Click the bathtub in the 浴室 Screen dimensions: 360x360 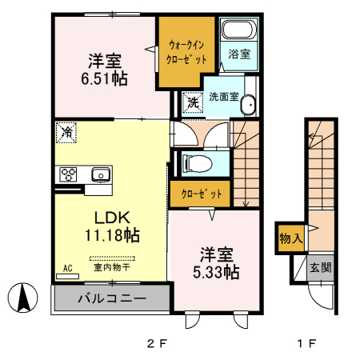click(x=239, y=30)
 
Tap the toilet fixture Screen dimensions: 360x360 click(x=197, y=163)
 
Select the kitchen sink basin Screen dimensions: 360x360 click(x=101, y=174)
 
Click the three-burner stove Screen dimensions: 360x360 click(x=68, y=174)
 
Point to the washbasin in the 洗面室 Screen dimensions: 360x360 click(x=248, y=105)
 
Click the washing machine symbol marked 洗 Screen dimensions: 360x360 click(x=193, y=102)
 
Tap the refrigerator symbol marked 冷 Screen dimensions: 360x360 click(x=66, y=133)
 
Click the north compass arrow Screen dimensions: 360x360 click(x=22, y=298)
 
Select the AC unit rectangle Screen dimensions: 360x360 click(x=68, y=277)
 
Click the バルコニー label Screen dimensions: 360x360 click(x=112, y=298)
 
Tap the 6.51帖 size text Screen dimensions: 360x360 click(x=104, y=79)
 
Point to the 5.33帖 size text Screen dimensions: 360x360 click(x=216, y=272)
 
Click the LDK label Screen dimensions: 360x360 click(x=112, y=218)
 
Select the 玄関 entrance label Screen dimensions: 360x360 click(x=321, y=267)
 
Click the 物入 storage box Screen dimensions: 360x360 click(x=290, y=238)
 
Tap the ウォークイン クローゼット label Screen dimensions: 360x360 click(x=186, y=53)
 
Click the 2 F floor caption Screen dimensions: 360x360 click(x=157, y=343)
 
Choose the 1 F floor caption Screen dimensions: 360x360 click(x=306, y=343)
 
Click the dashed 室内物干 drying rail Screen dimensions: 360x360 click(x=112, y=258)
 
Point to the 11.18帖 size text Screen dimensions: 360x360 click(x=112, y=235)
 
